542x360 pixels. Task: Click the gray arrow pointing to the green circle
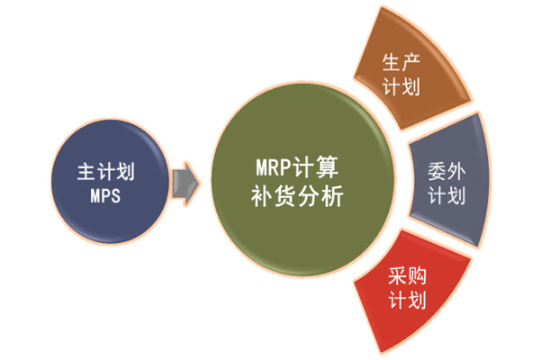coord(185,184)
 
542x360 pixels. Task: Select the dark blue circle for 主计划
coord(110,182)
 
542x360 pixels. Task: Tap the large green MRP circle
coord(303,180)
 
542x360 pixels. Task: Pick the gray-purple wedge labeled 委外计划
coord(449,180)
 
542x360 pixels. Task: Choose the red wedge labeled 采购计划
coord(411,290)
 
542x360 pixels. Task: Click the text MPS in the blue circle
coord(105,195)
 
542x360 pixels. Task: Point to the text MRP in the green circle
coord(273,167)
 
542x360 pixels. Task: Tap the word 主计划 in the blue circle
coord(105,171)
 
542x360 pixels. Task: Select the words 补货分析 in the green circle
coord(297,196)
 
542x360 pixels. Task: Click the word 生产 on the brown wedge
coord(401,62)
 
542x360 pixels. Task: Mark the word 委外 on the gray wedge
coord(447,171)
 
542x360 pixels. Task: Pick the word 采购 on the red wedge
coord(407,275)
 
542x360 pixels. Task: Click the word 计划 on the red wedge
coord(407,300)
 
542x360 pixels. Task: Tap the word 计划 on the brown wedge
coord(401,86)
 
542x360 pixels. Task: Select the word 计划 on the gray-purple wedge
coord(447,195)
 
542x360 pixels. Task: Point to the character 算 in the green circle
coord(327,167)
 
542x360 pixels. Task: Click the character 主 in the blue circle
coord(86,171)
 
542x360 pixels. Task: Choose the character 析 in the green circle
coord(332,196)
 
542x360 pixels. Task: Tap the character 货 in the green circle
coord(285,196)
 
